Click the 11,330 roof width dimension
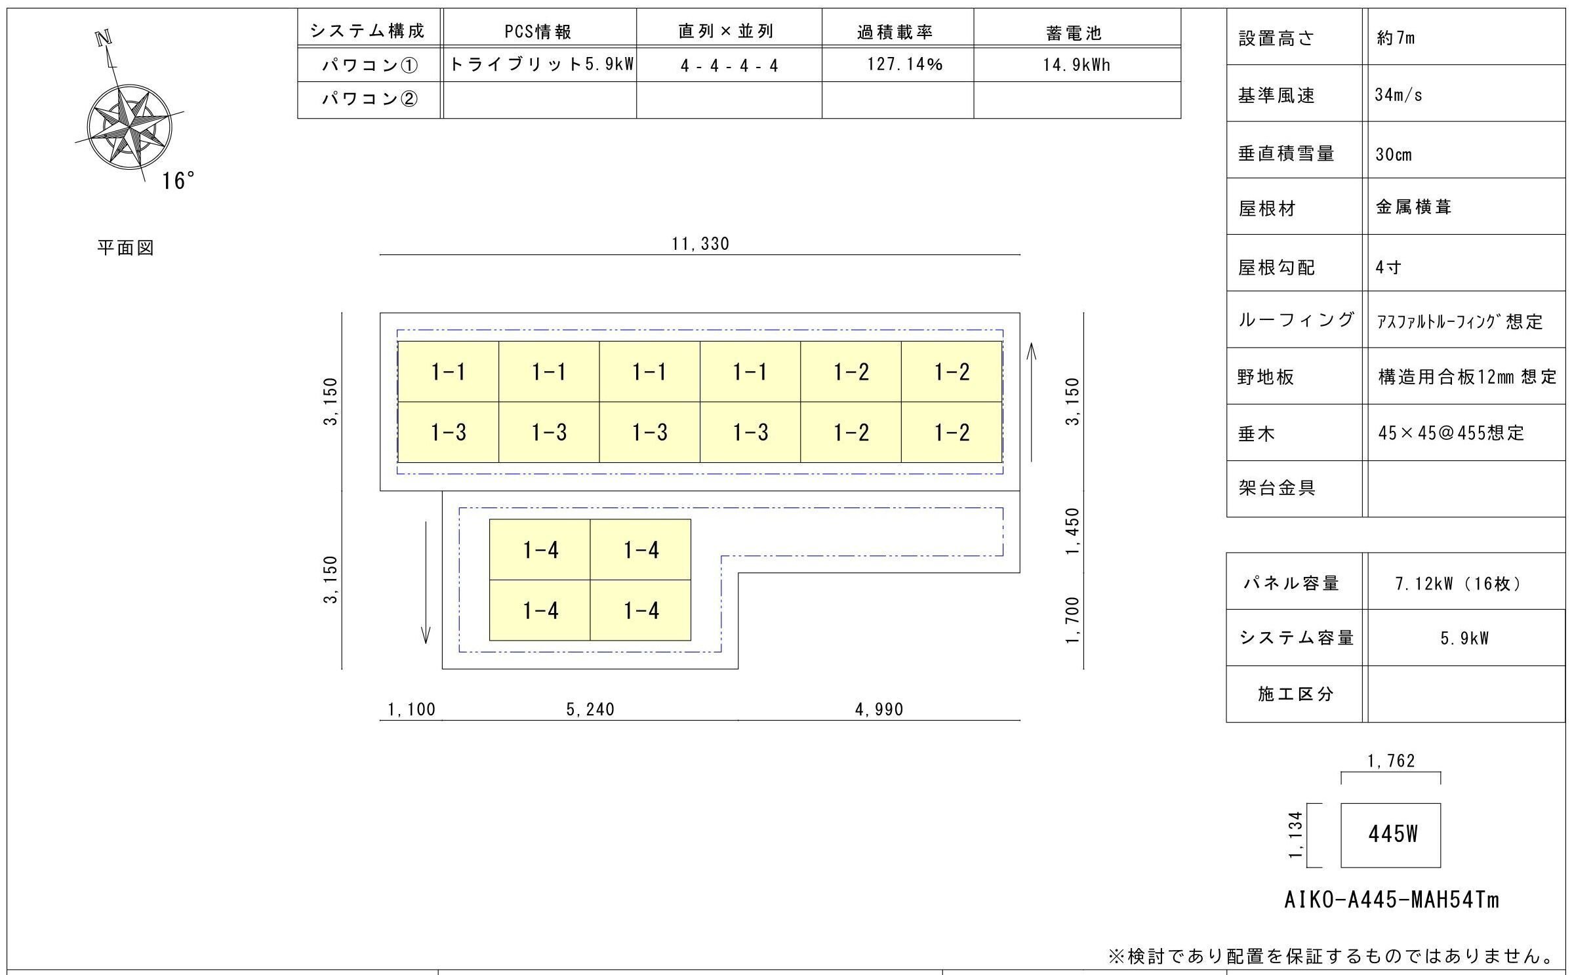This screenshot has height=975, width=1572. [x=700, y=244]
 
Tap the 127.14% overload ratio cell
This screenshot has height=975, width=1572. [x=904, y=64]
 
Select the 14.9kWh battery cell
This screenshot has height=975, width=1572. [x=1076, y=64]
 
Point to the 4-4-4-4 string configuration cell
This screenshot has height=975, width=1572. [x=729, y=66]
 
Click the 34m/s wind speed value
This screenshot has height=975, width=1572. [x=1398, y=95]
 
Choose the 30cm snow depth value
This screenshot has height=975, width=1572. [x=1394, y=155]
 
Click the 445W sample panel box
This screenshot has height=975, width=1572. [x=1390, y=834]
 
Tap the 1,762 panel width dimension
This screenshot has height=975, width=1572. [x=1391, y=761]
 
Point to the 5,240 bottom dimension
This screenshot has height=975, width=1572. [x=590, y=709]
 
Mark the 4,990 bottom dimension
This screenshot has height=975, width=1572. [x=879, y=709]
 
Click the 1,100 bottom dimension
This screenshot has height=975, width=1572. [x=411, y=709]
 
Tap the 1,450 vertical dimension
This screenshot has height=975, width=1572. [x=1072, y=531]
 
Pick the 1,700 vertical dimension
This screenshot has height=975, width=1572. [x=1072, y=620]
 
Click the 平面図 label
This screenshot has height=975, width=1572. [x=125, y=248]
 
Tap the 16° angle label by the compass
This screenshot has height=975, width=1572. [x=178, y=181]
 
